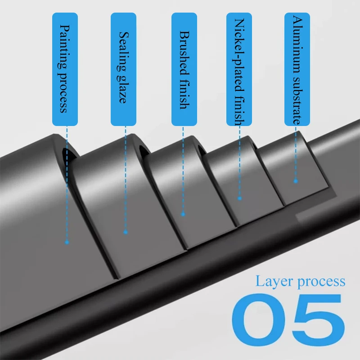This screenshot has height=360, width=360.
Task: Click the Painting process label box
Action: click(x=65, y=69)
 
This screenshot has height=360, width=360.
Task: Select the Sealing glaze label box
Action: click(x=124, y=69)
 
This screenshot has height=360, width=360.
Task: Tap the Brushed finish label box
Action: click(x=184, y=69)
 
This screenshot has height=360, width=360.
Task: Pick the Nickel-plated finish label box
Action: click(x=239, y=69)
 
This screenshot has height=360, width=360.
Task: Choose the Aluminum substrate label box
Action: click(x=297, y=69)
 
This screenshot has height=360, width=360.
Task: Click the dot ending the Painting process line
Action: click(x=67, y=242)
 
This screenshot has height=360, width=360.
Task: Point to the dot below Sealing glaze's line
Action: click(x=126, y=232)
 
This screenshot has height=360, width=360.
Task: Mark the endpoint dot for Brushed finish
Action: click(x=183, y=214)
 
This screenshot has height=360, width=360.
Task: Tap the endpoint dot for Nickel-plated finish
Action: click(x=239, y=198)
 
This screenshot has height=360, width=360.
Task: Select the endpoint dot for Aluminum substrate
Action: click(x=296, y=181)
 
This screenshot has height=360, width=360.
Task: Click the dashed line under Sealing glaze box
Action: click(x=126, y=180)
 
